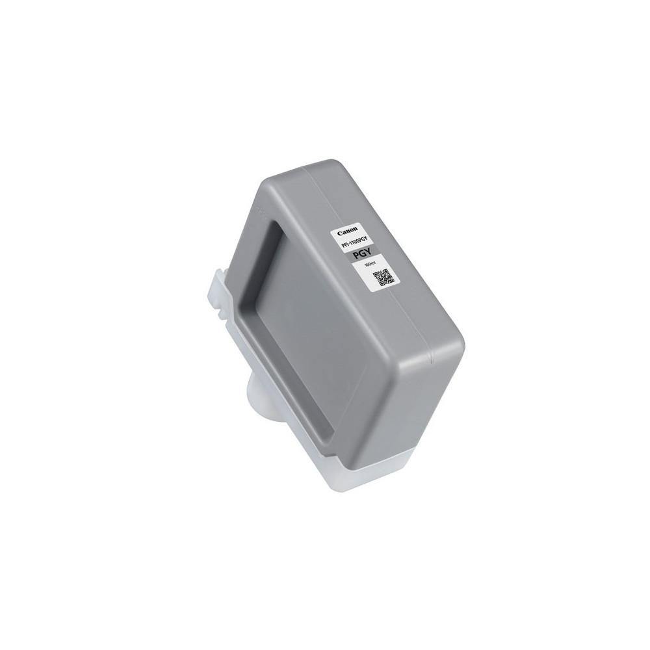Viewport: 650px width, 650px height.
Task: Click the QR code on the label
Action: pyautogui.click(x=383, y=278)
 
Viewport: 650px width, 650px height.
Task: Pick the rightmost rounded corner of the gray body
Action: pyautogui.click(x=458, y=338)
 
